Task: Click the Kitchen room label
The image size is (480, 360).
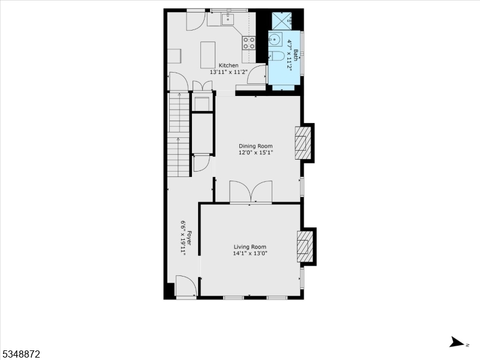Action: (x=229, y=65)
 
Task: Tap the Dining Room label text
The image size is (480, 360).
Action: (x=256, y=146)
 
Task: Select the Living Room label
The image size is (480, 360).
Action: (x=250, y=247)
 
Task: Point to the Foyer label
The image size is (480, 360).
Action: (x=189, y=238)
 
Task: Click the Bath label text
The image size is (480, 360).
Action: (x=295, y=55)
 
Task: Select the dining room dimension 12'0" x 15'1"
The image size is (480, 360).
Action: (x=256, y=152)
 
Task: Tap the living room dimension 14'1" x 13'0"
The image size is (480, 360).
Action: (x=250, y=253)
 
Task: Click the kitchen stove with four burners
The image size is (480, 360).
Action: (x=249, y=43)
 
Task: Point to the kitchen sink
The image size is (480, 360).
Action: (x=228, y=19)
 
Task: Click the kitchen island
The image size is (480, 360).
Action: (x=208, y=55)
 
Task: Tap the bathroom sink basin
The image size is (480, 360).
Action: (x=275, y=39)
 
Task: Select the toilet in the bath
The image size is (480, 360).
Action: (x=277, y=56)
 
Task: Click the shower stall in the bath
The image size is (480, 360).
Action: (x=281, y=20)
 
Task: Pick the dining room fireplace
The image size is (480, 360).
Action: (x=303, y=143)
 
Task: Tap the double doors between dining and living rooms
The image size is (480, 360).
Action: (x=251, y=192)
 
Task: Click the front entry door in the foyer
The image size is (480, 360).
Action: (x=186, y=286)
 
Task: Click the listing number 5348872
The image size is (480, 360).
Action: (x=20, y=354)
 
